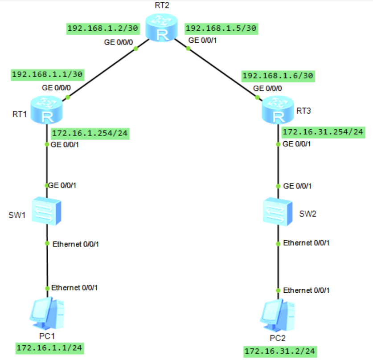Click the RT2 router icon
pyautogui.click(x=163, y=29)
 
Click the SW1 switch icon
pyautogui.click(x=47, y=211)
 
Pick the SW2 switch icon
pyautogui.click(x=278, y=211)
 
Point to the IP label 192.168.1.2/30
pyautogui.click(x=102, y=29)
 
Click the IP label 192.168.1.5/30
pyautogui.click(x=221, y=29)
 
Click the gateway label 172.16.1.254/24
pyautogui.click(x=90, y=133)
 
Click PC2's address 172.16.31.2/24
pyautogui.click(x=280, y=351)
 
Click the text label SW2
pyautogui.click(x=307, y=213)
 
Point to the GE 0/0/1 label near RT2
pyautogui.click(x=203, y=40)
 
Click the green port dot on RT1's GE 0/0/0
pyautogui.click(x=68, y=97)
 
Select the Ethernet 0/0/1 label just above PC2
pyautogui.click(x=306, y=290)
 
